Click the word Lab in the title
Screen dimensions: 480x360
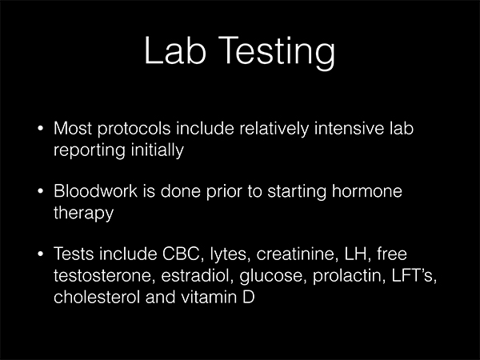174,50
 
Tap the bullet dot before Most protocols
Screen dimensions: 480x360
40,128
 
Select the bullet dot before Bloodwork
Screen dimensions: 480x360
40,191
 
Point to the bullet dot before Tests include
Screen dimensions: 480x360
40,254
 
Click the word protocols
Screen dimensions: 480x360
134,129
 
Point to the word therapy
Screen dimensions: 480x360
83,214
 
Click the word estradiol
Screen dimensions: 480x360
197,275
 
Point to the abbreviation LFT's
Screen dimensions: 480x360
414,275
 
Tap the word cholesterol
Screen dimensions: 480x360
97,297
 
